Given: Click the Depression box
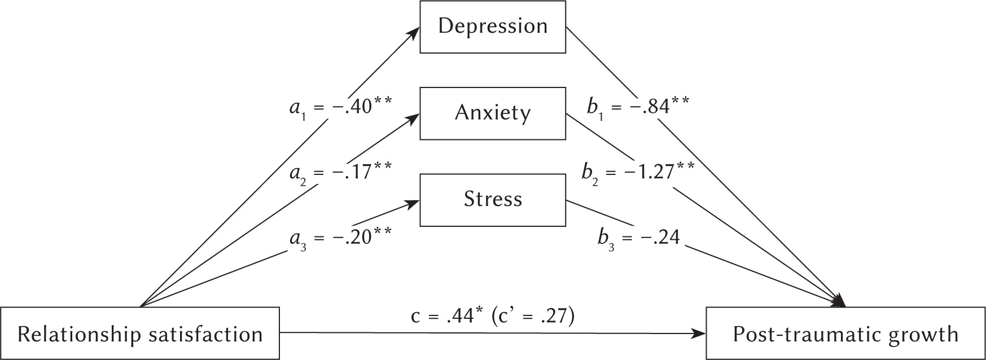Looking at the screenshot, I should click(x=493, y=27).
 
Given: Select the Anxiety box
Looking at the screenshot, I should click(x=493, y=113).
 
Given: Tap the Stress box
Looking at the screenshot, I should click(x=493, y=199).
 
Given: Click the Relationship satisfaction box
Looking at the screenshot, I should click(x=140, y=334).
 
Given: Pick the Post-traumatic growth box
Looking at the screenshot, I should click(x=845, y=334).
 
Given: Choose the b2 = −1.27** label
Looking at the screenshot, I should click(x=638, y=170).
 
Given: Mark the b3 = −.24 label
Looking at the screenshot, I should click(x=639, y=238).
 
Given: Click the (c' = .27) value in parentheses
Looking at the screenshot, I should click(x=533, y=317).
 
